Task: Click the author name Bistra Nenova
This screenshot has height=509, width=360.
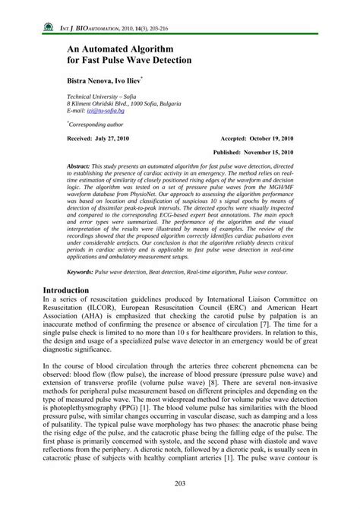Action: coord(95,80)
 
